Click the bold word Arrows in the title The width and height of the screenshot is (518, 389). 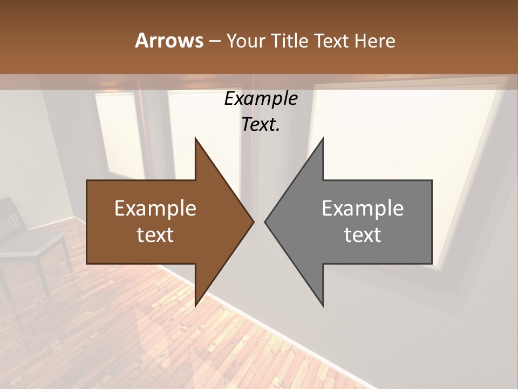(x=169, y=41)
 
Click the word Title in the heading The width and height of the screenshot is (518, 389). (x=289, y=41)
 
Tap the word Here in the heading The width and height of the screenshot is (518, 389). (x=374, y=41)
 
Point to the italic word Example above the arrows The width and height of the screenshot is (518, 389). (x=261, y=99)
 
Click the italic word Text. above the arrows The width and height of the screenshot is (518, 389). (x=261, y=124)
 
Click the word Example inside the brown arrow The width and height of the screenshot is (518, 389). (x=155, y=209)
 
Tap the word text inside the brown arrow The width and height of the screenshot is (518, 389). (x=155, y=235)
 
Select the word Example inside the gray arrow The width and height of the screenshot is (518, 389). (x=363, y=209)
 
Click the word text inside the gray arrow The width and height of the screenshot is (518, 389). (x=363, y=235)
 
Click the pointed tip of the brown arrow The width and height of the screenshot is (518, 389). (x=253, y=222)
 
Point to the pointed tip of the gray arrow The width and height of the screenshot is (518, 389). (x=265, y=222)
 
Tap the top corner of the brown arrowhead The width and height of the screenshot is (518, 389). (x=196, y=139)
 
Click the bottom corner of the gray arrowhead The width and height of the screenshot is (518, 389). (x=323, y=305)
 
